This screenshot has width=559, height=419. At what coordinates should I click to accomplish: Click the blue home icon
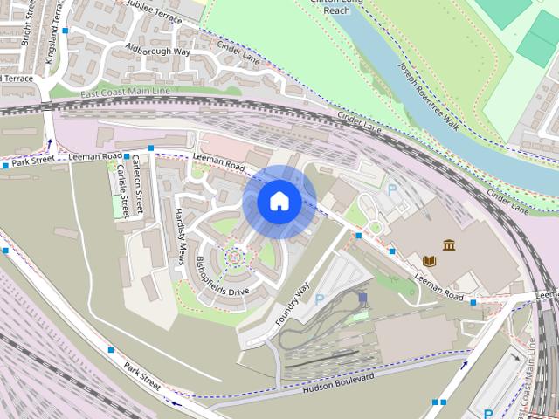[x=279, y=202]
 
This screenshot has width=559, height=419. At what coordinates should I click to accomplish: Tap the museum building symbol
[x=449, y=244]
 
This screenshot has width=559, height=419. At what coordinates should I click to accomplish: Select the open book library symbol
[x=430, y=260]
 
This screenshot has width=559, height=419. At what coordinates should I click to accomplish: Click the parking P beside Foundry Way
[x=320, y=299]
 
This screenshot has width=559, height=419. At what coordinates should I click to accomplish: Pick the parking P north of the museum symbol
[x=392, y=189]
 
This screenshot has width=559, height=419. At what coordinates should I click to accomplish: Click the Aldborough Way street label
[x=158, y=50]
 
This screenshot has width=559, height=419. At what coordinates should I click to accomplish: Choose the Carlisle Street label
[x=122, y=191]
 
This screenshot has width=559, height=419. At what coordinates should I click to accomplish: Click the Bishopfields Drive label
[x=224, y=278]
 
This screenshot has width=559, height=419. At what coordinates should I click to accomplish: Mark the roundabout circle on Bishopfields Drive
[x=234, y=257]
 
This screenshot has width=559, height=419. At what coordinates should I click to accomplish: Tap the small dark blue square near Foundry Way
[x=362, y=297]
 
